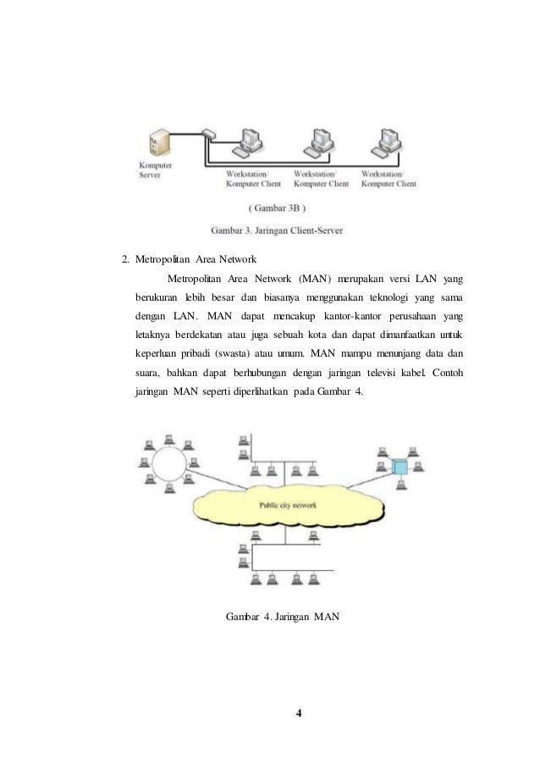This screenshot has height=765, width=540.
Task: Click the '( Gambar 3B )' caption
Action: [278, 205]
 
